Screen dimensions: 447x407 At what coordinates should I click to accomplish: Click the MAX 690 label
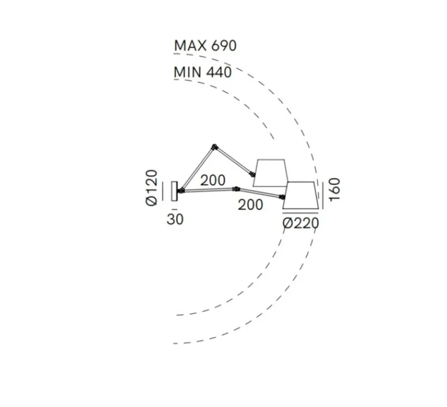point(205,46)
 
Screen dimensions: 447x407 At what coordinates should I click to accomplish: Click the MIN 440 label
point(203,72)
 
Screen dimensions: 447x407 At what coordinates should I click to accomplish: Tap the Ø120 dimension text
point(151,188)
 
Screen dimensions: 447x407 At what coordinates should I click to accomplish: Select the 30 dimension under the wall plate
point(175,219)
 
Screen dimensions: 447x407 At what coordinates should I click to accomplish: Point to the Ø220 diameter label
point(301,223)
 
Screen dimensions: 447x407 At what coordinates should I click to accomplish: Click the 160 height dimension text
point(335,189)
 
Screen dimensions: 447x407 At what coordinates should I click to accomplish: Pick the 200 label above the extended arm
point(213,181)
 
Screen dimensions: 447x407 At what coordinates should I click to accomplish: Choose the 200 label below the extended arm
point(250,205)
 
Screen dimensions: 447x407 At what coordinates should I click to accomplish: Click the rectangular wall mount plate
point(174,191)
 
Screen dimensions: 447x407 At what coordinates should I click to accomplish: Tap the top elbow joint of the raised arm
point(215,147)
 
